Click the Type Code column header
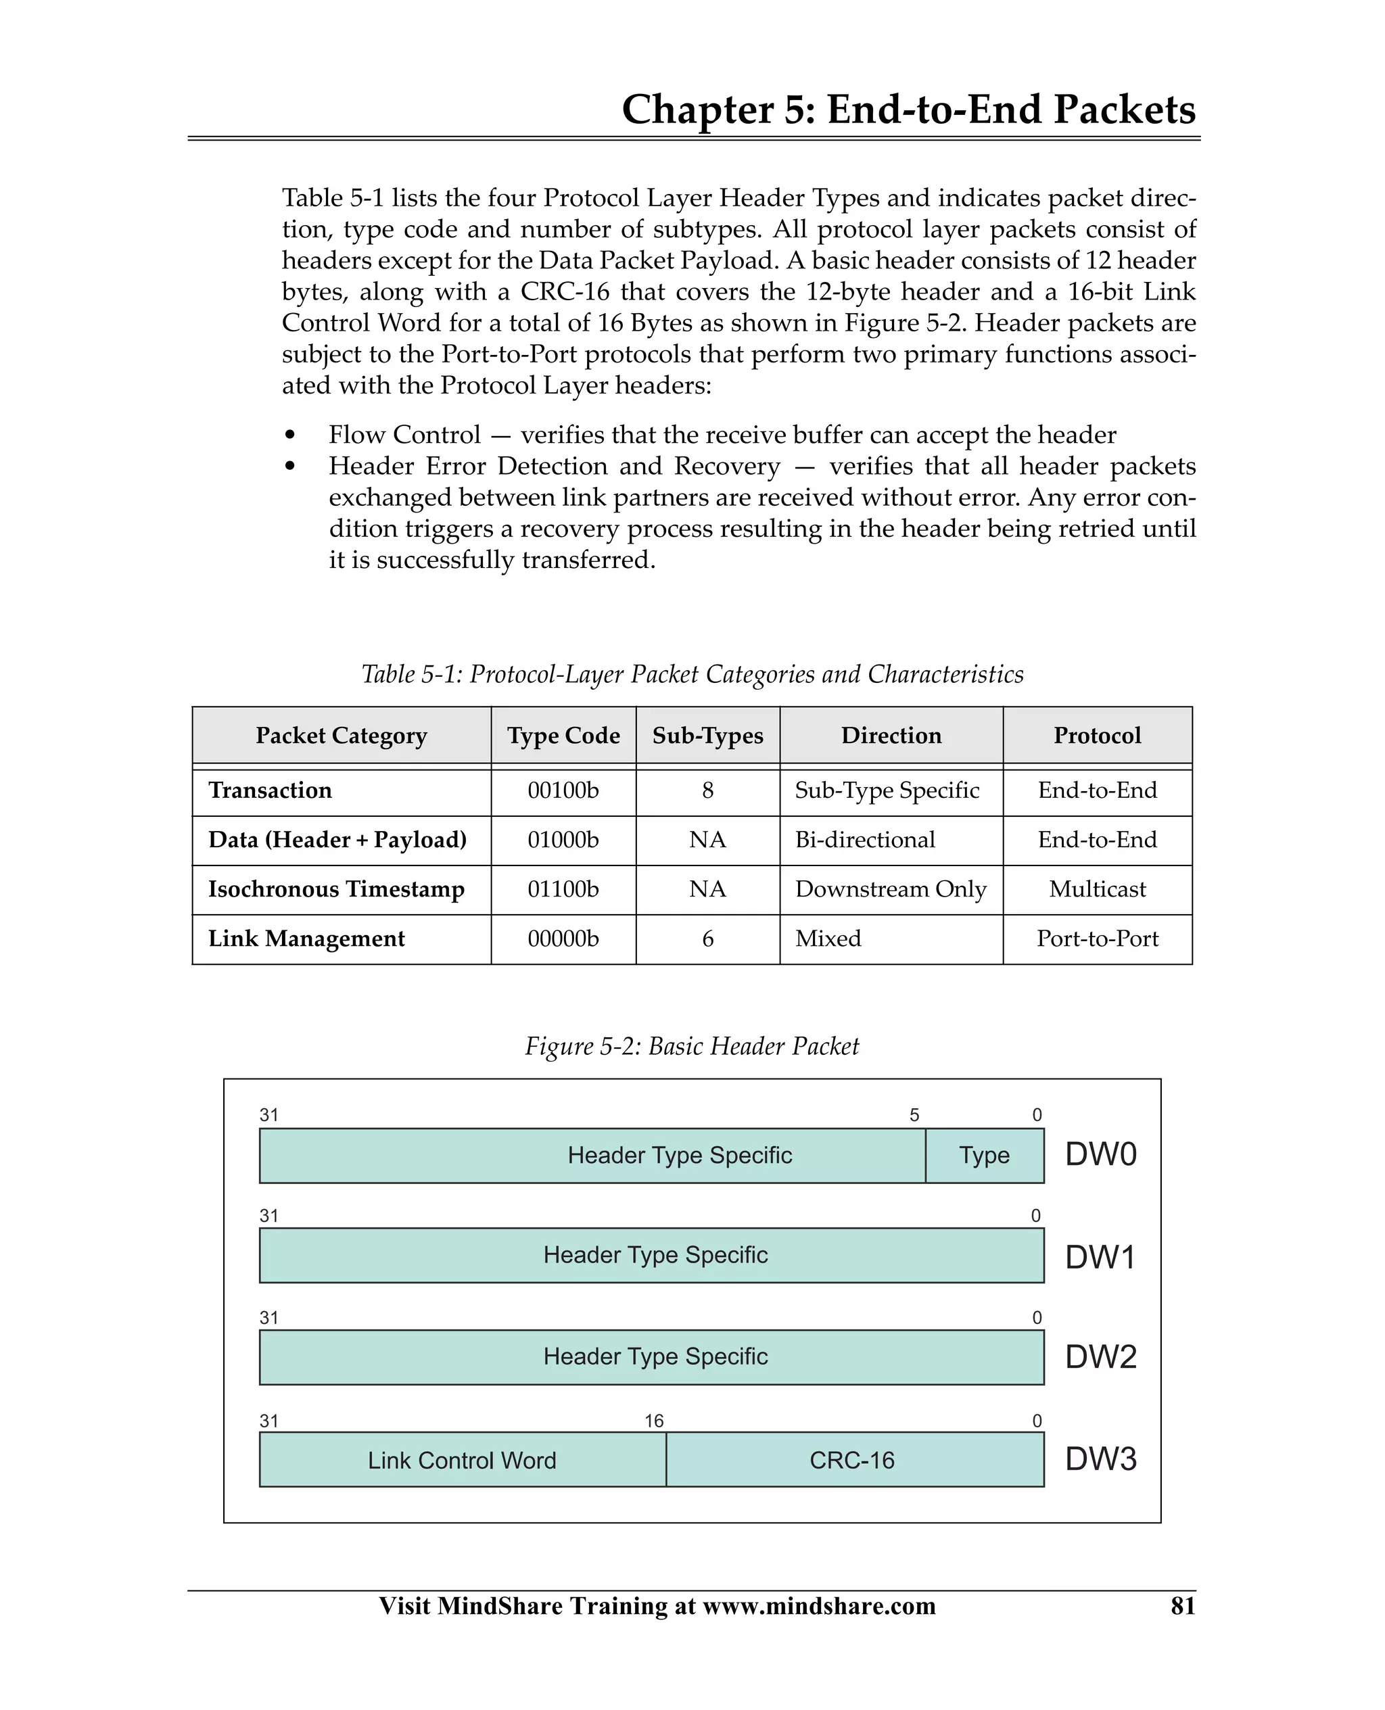[563, 736]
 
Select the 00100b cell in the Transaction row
[563, 790]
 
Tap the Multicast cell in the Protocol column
[1097, 889]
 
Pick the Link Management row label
[306, 939]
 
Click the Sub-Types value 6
[707, 939]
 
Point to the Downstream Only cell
[891, 889]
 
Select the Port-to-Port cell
[1097, 939]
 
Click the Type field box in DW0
[984, 1156]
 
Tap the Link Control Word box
[462, 1460]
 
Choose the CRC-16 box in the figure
[852, 1460]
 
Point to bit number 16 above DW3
[654, 1421]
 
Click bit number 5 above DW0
[914, 1115]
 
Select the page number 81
[1182, 1605]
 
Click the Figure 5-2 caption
[692, 1047]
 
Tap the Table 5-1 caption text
[692, 675]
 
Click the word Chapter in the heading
[697, 110]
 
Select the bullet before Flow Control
[289, 435]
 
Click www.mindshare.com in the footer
[820, 1605]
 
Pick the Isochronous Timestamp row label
[336, 889]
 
